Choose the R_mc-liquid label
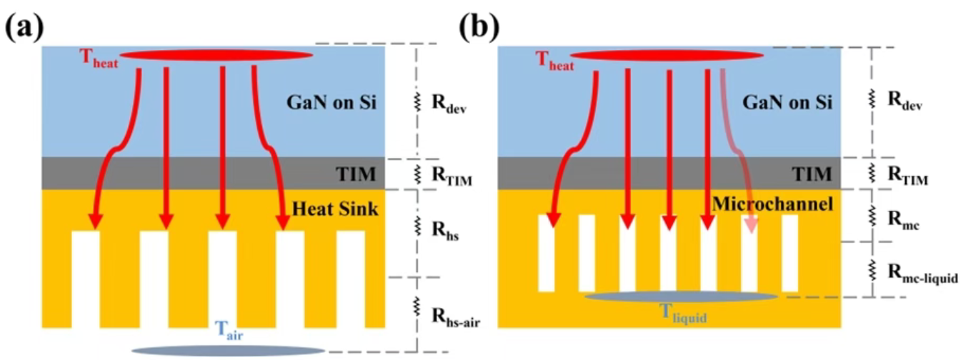point(922,273)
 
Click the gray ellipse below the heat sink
point(229,350)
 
